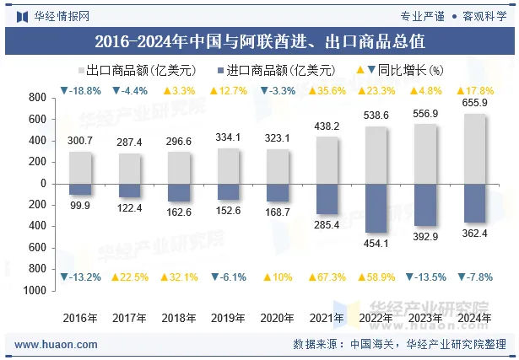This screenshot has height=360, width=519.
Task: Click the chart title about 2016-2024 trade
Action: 259,40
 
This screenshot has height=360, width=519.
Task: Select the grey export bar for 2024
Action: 475,148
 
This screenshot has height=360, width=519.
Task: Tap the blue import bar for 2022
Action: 376,207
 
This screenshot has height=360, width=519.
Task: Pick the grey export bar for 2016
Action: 80,167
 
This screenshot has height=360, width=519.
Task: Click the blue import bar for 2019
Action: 228,191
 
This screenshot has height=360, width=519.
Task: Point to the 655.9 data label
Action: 475,104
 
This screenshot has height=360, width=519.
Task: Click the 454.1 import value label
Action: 376,244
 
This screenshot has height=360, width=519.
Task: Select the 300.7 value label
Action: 80,141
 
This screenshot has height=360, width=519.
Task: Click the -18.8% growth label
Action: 80,90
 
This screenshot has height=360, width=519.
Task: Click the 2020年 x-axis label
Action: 277,318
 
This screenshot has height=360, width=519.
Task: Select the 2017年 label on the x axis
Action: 129,318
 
